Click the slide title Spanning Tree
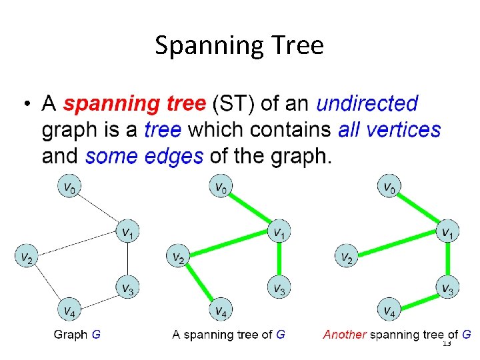(239, 45)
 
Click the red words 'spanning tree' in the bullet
(134, 104)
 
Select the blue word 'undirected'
(367, 104)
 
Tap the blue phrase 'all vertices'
(389, 129)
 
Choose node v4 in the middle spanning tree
(220, 310)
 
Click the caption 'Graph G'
(77, 335)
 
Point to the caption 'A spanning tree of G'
(228, 335)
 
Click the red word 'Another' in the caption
(344, 335)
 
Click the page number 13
(447, 344)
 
